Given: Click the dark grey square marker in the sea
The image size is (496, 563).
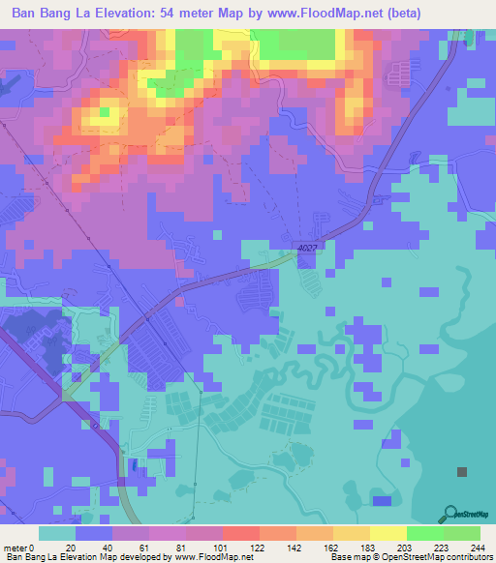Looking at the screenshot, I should click(x=462, y=472).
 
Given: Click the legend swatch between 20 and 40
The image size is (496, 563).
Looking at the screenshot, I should click(x=93, y=533).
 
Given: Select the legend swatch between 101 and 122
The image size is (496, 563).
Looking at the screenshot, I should click(x=240, y=533).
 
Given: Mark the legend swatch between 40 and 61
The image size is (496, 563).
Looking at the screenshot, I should click(x=130, y=533).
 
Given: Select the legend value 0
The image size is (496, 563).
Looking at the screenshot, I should click(x=36, y=547).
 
